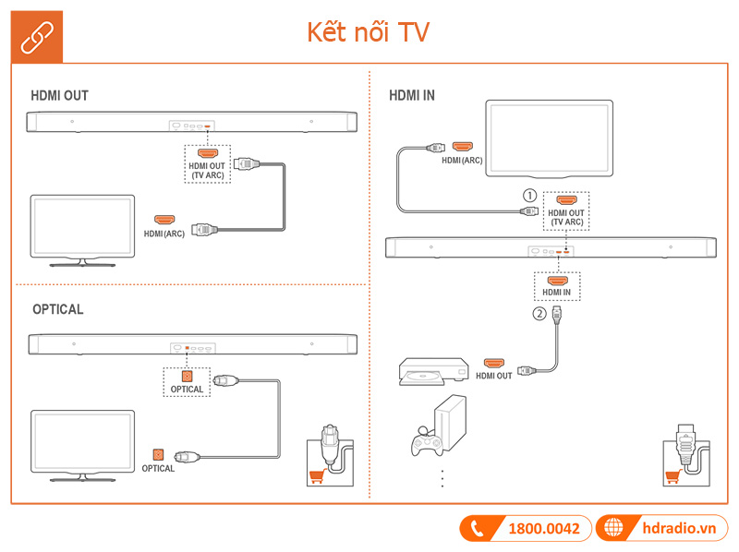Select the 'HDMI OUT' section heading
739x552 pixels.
point(59,95)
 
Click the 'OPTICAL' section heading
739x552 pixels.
point(57,309)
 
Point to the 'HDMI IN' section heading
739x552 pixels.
point(412,95)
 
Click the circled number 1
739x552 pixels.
point(529,196)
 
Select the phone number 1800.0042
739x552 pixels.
point(544,529)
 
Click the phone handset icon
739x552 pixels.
point(478,529)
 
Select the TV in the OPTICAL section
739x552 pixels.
point(82,443)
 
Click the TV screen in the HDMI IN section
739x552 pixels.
point(550,138)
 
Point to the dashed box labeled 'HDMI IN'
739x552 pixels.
point(557,285)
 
